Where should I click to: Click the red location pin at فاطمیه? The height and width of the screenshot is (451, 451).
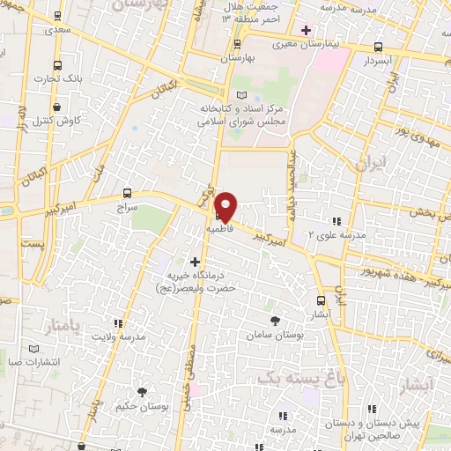tap(226, 205)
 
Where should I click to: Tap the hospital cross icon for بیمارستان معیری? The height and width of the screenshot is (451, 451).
tap(306, 30)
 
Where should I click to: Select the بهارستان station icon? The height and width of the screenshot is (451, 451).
tap(236, 43)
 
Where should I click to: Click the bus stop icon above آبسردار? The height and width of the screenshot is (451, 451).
tap(378, 48)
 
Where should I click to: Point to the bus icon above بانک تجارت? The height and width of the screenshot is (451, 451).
tap(58, 65)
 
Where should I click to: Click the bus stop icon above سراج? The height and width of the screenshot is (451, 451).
tap(128, 193)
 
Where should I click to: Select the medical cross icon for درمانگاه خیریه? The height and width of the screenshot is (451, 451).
tap(195, 261)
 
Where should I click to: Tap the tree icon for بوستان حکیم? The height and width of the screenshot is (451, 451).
tap(141, 391)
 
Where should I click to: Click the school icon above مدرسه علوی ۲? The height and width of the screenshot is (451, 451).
tap(336, 220)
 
